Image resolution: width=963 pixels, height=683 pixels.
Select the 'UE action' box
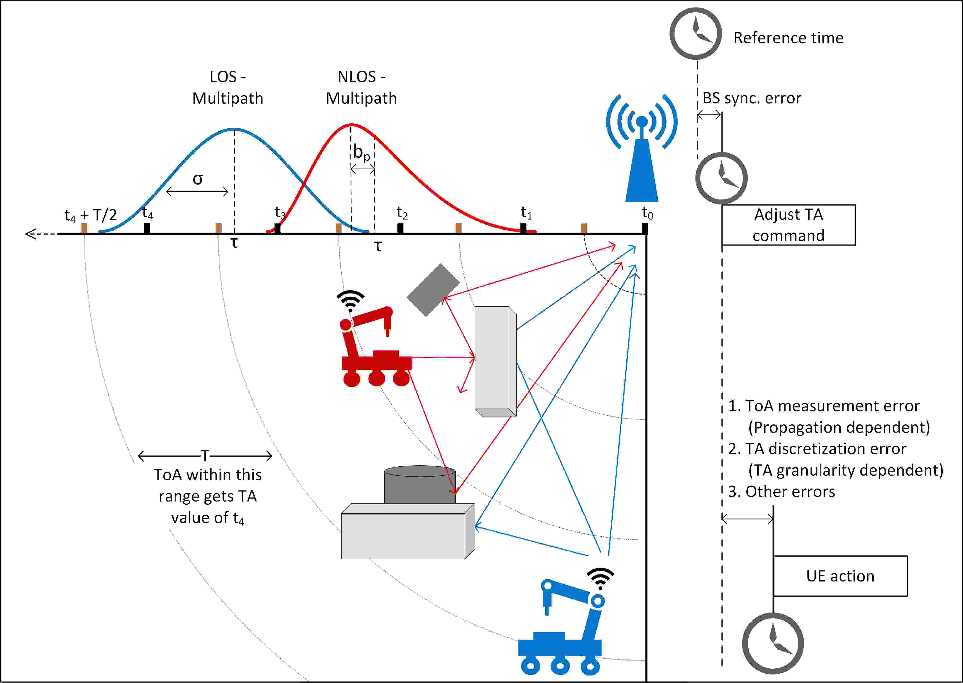pyautogui.click(x=840, y=576)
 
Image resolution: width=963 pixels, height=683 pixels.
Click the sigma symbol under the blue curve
pyautogui.click(x=198, y=179)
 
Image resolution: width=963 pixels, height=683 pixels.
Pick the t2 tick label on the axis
pyautogui.click(x=402, y=213)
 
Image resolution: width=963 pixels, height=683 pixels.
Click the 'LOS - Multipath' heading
pyautogui.click(x=228, y=88)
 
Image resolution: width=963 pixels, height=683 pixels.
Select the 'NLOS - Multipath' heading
pyautogui.click(x=361, y=88)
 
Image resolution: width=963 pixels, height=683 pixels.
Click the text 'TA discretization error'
pyautogui.click(x=826, y=449)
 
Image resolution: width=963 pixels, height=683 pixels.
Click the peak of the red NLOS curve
pyautogui.click(x=351, y=125)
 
